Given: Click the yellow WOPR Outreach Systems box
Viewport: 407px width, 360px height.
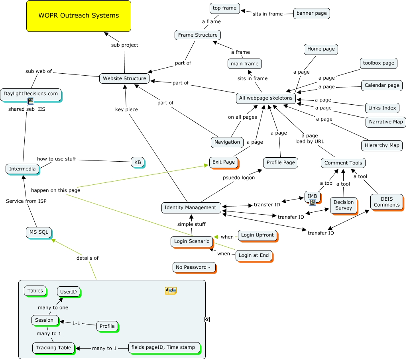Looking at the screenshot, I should click(x=79, y=16).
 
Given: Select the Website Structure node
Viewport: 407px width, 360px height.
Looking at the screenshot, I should click(x=124, y=78).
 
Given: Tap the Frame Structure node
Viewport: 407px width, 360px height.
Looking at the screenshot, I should click(x=198, y=35).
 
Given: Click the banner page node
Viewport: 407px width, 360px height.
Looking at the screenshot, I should click(x=311, y=13).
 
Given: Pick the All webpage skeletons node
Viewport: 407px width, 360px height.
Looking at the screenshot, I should click(x=265, y=98).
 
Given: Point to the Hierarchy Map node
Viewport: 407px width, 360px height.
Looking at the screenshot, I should click(x=381, y=145).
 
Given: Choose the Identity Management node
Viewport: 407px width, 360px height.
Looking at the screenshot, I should click(x=190, y=207).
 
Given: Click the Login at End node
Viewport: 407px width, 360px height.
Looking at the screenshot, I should click(x=254, y=255).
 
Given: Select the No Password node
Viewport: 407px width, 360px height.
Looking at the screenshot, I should click(x=194, y=267).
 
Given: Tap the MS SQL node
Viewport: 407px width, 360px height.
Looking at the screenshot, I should click(x=39, y=232).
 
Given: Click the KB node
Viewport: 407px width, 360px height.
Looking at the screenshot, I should click(x=137, y=162).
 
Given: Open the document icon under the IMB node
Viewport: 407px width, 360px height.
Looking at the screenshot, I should click(x=313, y=203).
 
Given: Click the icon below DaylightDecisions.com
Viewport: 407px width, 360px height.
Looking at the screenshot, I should click(x=31, y=101).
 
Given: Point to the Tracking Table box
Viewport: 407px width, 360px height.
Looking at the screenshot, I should click(x=53, y=348).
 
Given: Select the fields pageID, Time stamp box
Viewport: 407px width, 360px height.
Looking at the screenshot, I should click(x=163, y=348).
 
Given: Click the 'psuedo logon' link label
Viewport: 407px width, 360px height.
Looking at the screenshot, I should click(x=238, y=178).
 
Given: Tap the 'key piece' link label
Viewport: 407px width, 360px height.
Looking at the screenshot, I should click(x=126, y=110).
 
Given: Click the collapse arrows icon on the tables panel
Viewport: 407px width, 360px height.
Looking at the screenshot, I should click(x=207, y=319).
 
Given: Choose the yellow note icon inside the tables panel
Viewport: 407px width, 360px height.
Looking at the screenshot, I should click(x=171, y=291).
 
